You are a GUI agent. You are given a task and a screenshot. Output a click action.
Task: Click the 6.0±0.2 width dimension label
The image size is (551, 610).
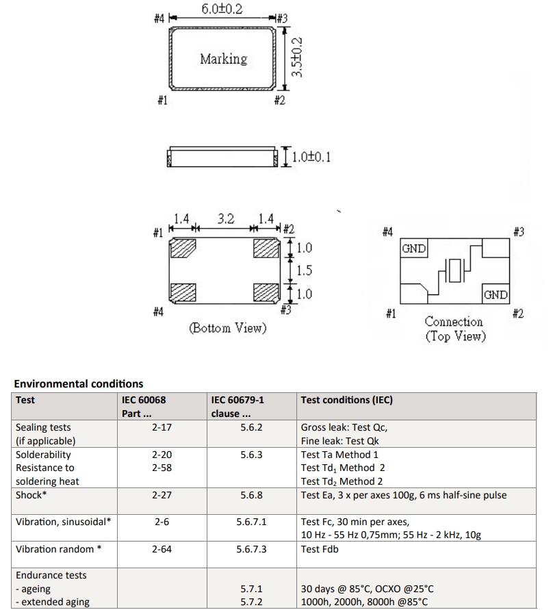click(222, 9)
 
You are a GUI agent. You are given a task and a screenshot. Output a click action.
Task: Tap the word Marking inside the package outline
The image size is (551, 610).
click(223, 59)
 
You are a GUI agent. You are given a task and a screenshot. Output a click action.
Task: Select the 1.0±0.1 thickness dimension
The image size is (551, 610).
click(311, 157)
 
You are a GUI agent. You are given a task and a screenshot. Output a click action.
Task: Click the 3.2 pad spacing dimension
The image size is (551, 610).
click(226, 219)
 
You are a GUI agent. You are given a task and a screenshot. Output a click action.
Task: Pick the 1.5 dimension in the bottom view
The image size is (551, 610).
click(304, 270)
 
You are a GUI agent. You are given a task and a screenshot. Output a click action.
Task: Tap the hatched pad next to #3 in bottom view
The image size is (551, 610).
click(266, 292)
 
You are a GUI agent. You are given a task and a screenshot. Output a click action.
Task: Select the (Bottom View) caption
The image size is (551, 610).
click(227, 329)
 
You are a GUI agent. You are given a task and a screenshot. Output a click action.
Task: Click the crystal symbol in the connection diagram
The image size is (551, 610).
click(455, 271)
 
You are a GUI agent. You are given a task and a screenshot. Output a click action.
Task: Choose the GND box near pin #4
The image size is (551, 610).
click(413, 249)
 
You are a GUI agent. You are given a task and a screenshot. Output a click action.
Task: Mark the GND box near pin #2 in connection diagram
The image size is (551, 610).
click(496, 295)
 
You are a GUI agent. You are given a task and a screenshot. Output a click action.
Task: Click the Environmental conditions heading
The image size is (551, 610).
click(79, 383)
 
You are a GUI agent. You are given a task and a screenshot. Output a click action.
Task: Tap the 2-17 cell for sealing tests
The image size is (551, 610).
click(162, 427)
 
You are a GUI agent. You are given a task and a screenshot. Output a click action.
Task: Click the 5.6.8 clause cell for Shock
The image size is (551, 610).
click(251, 495)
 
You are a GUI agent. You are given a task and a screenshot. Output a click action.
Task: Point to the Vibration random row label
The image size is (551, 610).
click(59, 549)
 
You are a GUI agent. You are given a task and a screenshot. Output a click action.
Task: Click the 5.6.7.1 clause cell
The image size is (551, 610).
click(251, 522)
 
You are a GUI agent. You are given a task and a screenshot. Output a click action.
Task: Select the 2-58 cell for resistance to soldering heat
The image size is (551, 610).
click(162, 468)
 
